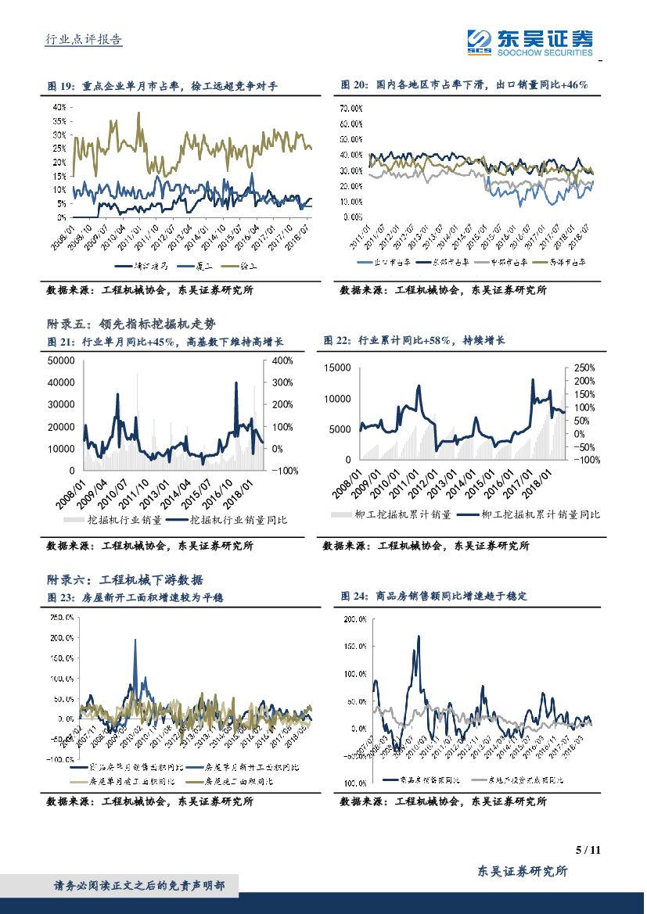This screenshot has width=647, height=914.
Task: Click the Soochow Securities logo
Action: [x=530, y=41]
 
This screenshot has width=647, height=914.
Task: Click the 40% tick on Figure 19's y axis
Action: [x=59, y=107]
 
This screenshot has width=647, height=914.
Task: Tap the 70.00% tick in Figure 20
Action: [x=350, y=107]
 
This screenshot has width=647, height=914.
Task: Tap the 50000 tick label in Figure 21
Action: [x=60, y=360]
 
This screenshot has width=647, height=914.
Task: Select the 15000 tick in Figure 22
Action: [x=337, y=367]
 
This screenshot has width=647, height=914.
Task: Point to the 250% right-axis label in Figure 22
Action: [x=584, y=367]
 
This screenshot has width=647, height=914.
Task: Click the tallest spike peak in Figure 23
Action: [x=135, y=640]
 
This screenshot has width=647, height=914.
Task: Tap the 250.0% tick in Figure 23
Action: [x=63, y=617]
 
